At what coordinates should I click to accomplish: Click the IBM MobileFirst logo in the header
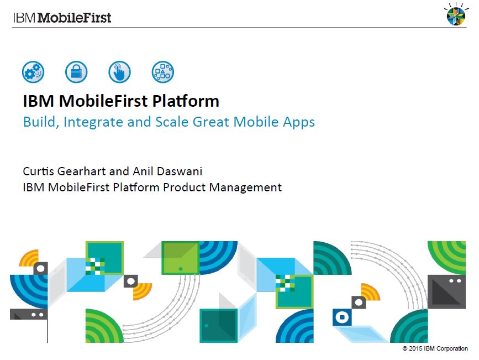pos(62,18)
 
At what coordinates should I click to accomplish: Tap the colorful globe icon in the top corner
pos(456,15)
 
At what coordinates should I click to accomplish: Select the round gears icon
pos(33,72)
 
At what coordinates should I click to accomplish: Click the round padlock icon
pos(76,72)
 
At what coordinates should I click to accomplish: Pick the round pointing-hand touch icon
pos(120,72)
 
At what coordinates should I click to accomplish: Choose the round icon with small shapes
pos(163,72)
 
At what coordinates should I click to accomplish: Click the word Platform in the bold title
pos(186,101)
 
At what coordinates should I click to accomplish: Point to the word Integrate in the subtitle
pos(93,122)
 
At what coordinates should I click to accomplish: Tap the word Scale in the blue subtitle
pos(172,122)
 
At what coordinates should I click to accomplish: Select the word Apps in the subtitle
pos(299,122)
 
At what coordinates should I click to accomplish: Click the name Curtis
pos(39,171)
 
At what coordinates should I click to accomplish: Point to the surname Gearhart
pos(82,171)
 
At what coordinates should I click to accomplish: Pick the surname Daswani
pos(180,171)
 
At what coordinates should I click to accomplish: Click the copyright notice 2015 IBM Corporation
pos(435,348)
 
